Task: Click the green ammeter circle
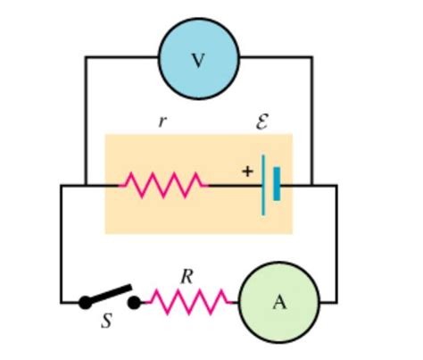[278, 302]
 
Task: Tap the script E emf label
[261, 121]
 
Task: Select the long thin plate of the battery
[264, 185]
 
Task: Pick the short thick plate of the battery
[278, 186]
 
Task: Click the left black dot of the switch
[85, 303]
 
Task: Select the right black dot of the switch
[135, 303]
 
